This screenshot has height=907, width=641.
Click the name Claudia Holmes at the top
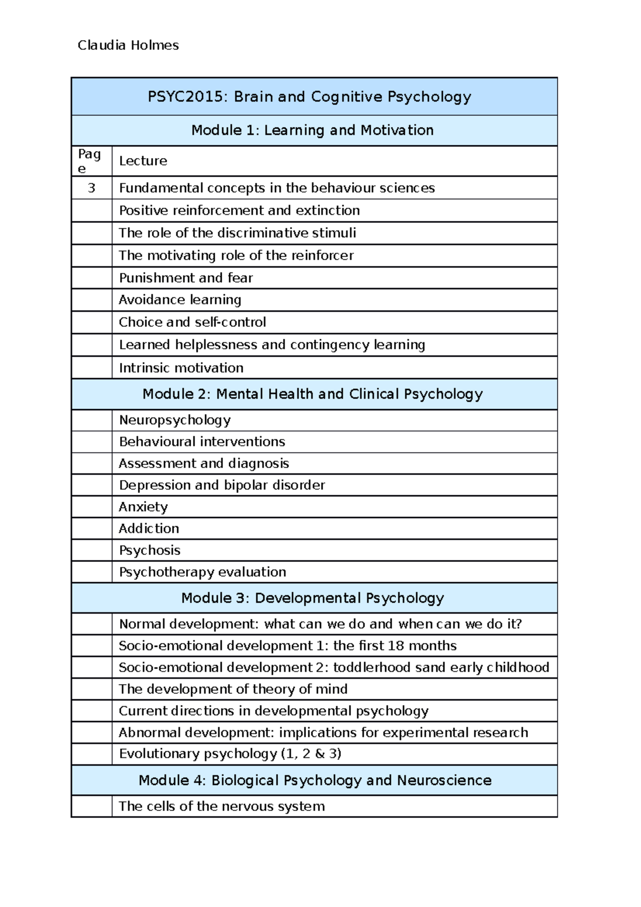click(128, 45)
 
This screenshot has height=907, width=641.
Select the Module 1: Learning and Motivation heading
click(312, 130)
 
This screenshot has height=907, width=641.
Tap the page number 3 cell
click(92, 188)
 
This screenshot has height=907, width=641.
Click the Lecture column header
click(143, 161)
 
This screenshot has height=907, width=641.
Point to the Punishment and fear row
click(185, 278)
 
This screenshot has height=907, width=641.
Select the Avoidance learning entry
click(179, 300)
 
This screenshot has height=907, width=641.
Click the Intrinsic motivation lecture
click(181, 368)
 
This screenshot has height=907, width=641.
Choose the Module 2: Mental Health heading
click(312, 394)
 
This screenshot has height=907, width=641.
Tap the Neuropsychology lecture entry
click(174, 420)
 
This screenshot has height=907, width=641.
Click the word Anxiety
click(143, 506)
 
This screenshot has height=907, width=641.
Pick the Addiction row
click(148, 528)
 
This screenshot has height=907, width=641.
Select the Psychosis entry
click(149, 550)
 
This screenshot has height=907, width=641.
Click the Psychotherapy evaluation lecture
click(202, 572)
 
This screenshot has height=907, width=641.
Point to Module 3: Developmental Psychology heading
click(312, 598)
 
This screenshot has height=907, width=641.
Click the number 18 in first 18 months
click(396, 646)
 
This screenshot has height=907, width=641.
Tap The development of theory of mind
click(233, 689)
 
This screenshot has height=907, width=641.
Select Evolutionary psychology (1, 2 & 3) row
click(230, 754)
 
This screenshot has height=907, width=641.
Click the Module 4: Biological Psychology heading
click(315, 780)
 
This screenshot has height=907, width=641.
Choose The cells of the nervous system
click(221, 806)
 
